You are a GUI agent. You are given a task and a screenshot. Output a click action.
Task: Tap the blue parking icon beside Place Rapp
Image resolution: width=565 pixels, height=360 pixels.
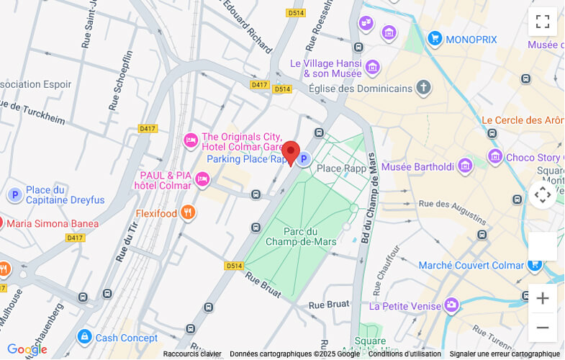(304, 159)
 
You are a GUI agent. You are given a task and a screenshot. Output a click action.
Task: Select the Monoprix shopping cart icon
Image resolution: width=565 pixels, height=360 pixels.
(434, 38)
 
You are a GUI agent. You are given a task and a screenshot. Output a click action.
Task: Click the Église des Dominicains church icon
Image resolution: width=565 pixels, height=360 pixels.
(424, 89)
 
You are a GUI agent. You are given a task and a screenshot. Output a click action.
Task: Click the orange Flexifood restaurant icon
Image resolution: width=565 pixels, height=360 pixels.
(187, 212)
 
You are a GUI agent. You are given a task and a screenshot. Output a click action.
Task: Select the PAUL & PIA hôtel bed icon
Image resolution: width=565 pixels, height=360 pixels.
(203, 179)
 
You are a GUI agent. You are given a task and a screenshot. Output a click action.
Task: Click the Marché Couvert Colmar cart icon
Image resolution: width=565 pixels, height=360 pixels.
(534, 265)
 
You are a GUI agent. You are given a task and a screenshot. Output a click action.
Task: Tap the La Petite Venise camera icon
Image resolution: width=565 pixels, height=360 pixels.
(451, 305)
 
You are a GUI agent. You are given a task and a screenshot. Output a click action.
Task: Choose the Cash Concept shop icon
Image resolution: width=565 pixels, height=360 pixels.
(85, 337)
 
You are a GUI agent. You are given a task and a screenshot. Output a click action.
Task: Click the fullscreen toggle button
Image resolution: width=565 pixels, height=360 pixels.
(542, 22)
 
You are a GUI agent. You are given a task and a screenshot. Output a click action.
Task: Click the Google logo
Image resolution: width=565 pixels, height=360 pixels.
(27, 350)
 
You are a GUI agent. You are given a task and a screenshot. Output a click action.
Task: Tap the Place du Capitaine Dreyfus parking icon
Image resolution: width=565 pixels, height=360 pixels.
(15, 194)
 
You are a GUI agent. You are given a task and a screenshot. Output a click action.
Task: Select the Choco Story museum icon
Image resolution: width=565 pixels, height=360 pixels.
(494, 157)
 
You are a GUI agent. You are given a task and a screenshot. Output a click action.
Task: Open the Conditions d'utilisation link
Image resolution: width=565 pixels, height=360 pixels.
(404, 354)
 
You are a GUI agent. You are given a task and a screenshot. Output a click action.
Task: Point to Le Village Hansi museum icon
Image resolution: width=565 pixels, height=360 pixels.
(372, 68)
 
